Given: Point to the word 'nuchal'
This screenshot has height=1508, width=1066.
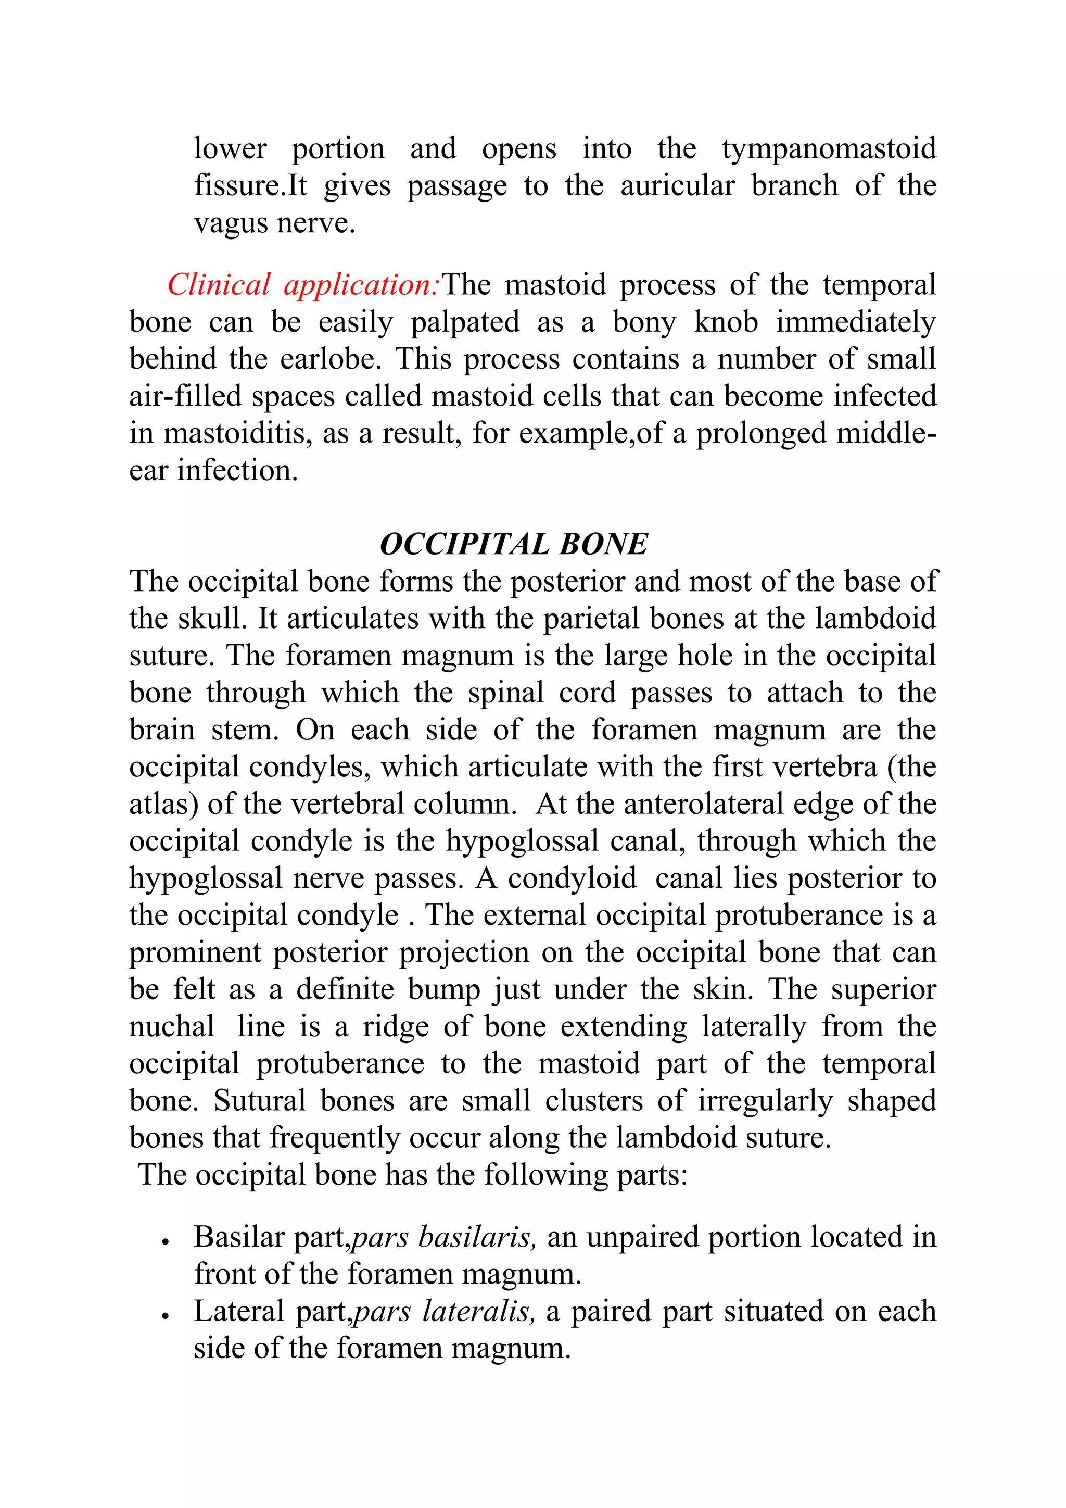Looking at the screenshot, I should pos(171,1026).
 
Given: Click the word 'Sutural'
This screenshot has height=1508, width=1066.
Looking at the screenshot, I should pos(259,1101).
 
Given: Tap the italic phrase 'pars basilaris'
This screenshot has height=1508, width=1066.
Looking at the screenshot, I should pos(445,1237).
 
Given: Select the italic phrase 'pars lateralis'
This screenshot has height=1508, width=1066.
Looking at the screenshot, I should pos(445,1312).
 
